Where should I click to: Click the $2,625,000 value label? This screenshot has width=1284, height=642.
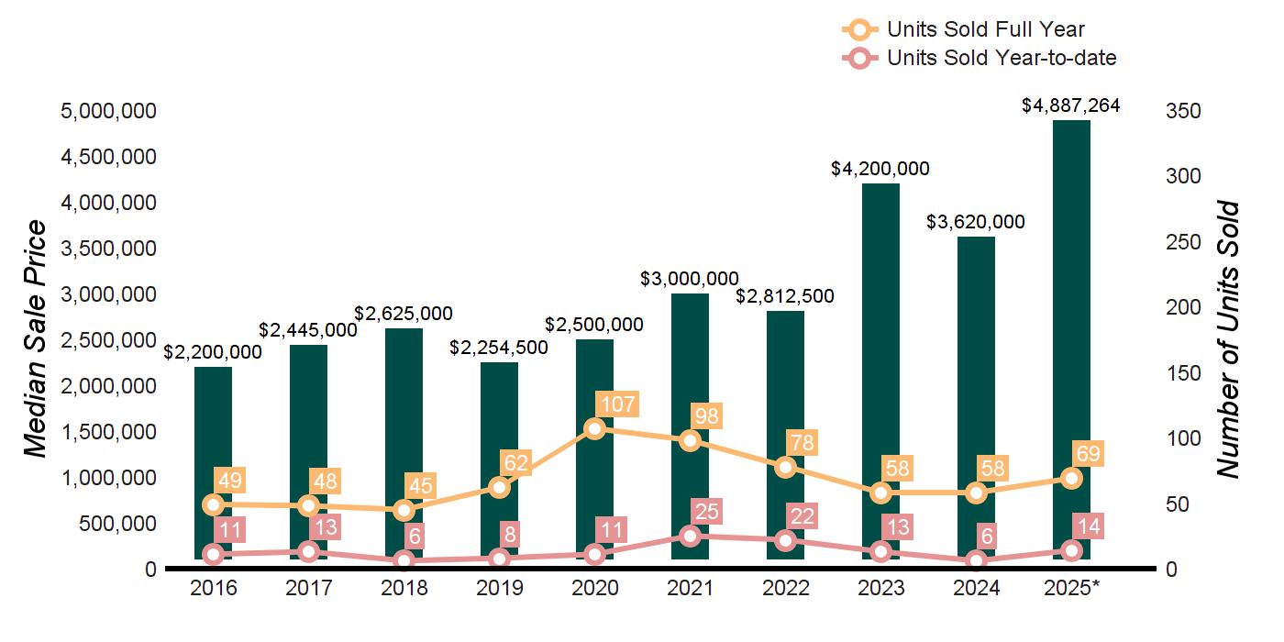point(404,314)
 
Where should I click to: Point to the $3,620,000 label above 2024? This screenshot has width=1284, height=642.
point(976,222)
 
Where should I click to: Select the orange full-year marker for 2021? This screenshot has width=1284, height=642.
point(691,440)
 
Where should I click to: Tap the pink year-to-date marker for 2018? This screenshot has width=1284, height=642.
point(404,560)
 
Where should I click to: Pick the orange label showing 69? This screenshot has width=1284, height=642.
point(1089,454)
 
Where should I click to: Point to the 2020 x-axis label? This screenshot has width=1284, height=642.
point(595,588)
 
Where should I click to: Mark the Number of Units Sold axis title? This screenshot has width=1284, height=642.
point(1227,339)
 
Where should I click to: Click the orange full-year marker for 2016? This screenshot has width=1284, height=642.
point(214,504)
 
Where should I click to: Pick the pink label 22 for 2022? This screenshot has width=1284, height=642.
point(802,516)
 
